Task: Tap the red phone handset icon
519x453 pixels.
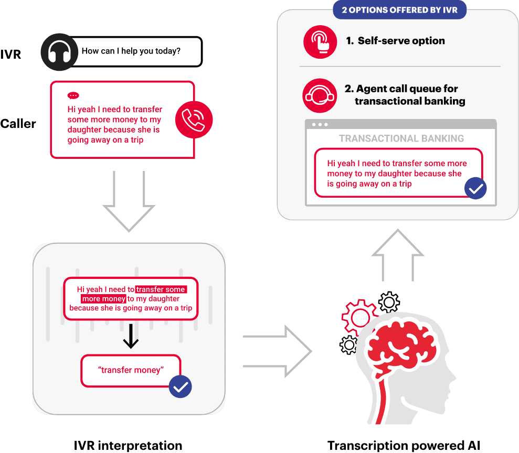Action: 194,120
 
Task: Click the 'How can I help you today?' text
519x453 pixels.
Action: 131,51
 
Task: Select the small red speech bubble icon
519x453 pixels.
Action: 73,96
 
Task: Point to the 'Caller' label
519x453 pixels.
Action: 18,124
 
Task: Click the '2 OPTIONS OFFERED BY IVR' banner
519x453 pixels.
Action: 399,10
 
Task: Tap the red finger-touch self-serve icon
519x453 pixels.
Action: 320,41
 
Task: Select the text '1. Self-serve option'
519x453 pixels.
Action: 395,41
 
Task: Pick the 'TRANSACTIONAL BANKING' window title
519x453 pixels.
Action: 401,138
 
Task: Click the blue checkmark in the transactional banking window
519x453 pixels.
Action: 475,189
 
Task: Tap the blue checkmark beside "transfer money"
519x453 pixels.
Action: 181,387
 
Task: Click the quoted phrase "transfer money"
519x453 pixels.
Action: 131,370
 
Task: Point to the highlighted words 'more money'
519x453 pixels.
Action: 104,299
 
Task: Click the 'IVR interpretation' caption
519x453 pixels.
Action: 129,446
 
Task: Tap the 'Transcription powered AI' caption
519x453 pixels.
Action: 404,446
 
